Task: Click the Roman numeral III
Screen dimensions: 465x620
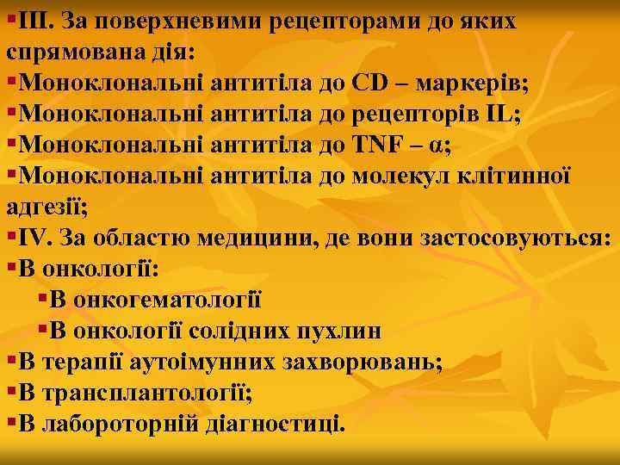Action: point(34,20)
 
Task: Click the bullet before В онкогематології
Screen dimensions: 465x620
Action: point(43,299)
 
